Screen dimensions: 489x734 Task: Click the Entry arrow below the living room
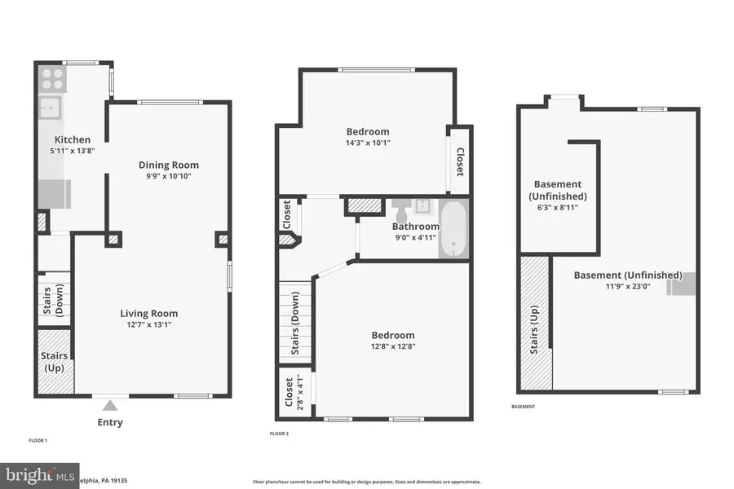[x=110, y=404]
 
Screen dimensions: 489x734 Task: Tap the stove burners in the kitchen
[x=53, y=78]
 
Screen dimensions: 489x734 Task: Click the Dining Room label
[x=168, y=165]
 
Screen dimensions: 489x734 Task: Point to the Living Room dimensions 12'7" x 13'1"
[x=148, y=324]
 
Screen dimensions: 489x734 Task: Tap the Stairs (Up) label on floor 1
[x=55, y=361]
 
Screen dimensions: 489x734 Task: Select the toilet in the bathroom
[x=402, y=208]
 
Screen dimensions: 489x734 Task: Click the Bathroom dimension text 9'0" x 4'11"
[x=416, y=238]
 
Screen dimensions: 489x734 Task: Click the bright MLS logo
[x=40, y=474]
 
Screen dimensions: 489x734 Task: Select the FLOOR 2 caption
[x=279, y=434]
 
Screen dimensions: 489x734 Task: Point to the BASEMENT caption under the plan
[x=524, y=406]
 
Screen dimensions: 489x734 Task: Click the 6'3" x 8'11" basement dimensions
[x=558, y=209]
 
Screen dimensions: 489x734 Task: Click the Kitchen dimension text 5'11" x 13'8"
[x=73, y=151]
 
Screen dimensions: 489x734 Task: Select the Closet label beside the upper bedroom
[x=459, y=161]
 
